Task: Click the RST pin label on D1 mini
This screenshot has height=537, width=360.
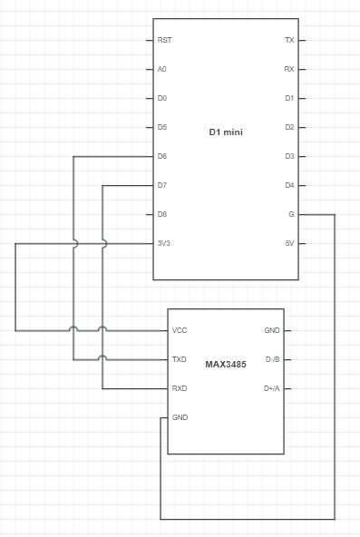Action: click(x=165, y=40)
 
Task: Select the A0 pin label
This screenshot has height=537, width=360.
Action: click(x=161, y=69)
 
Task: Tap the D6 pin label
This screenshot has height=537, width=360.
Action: click(x=162, y=156)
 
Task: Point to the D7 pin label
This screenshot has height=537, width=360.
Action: click(x=162, y=185)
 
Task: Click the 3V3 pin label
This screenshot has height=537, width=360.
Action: click(x=164, y=243)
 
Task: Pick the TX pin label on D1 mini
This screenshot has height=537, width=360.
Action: click(x=289, y=40)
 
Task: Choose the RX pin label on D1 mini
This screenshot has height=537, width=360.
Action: click(x=289, y=69)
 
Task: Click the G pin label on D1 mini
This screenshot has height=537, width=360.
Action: click(x=292, y=214)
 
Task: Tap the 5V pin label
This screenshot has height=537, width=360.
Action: click(x=289, y=243)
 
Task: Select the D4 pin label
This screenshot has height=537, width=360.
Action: click(x=289, y=185)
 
